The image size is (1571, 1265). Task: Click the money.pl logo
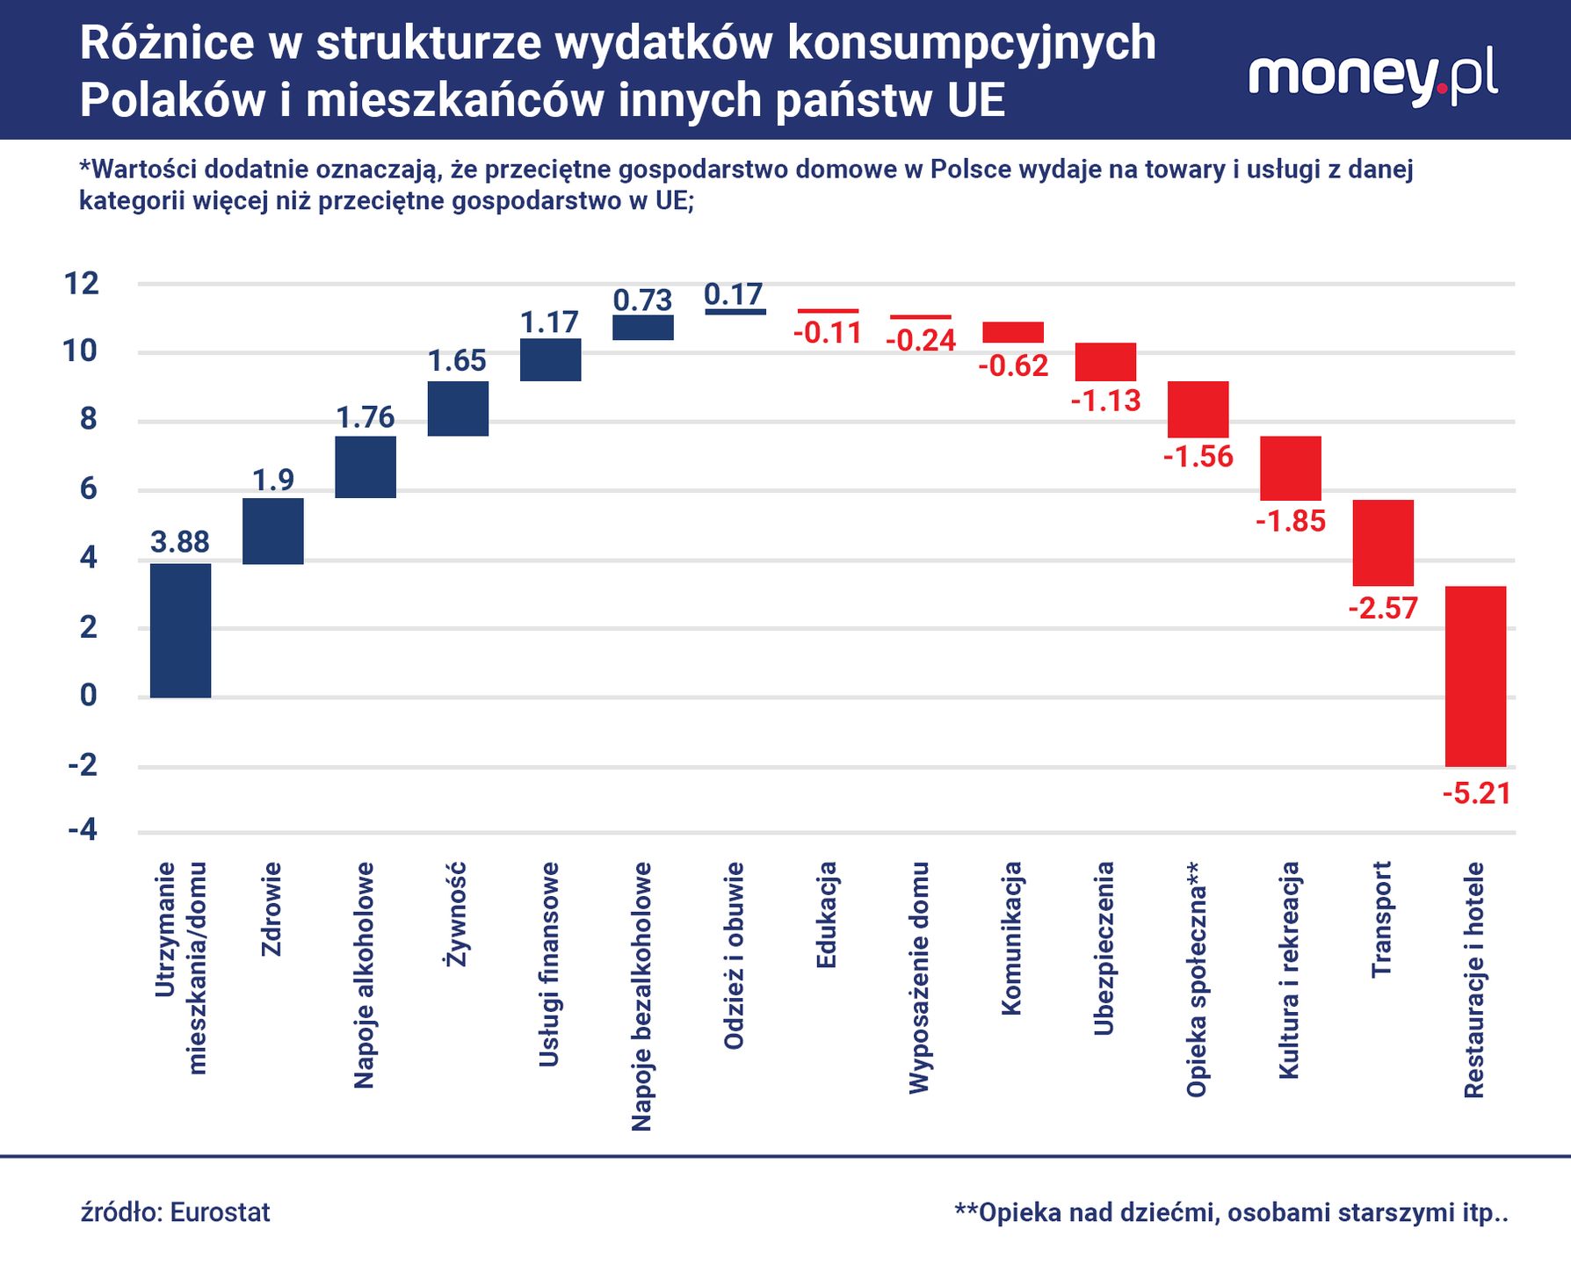click(1372, 77)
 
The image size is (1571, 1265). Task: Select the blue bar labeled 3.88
click(180, 630)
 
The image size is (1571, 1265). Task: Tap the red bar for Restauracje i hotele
click(1475, 676)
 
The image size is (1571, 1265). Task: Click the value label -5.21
click(1476, 794)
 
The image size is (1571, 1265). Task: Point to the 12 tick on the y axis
click(82, 284)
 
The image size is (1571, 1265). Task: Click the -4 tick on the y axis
click(82, 830)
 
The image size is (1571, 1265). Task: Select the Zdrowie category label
click(271, 908)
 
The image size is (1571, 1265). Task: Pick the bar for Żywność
click(458, 408)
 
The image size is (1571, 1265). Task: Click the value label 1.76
click(366, 417)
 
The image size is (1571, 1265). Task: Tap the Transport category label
click(1382, 918)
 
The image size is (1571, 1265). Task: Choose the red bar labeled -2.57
click(1382, 542)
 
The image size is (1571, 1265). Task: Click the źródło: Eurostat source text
click(176, 1212)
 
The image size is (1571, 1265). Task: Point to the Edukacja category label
click(826, 914)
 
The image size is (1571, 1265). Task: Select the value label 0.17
click(734, 294)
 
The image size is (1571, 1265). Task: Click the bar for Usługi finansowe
click(550, 359)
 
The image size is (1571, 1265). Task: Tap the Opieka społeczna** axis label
click(1197, 979)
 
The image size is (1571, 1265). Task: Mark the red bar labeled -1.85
click(1290, 468)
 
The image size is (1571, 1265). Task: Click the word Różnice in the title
click(166, 43)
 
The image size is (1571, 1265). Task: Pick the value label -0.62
click(1013, 365)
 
